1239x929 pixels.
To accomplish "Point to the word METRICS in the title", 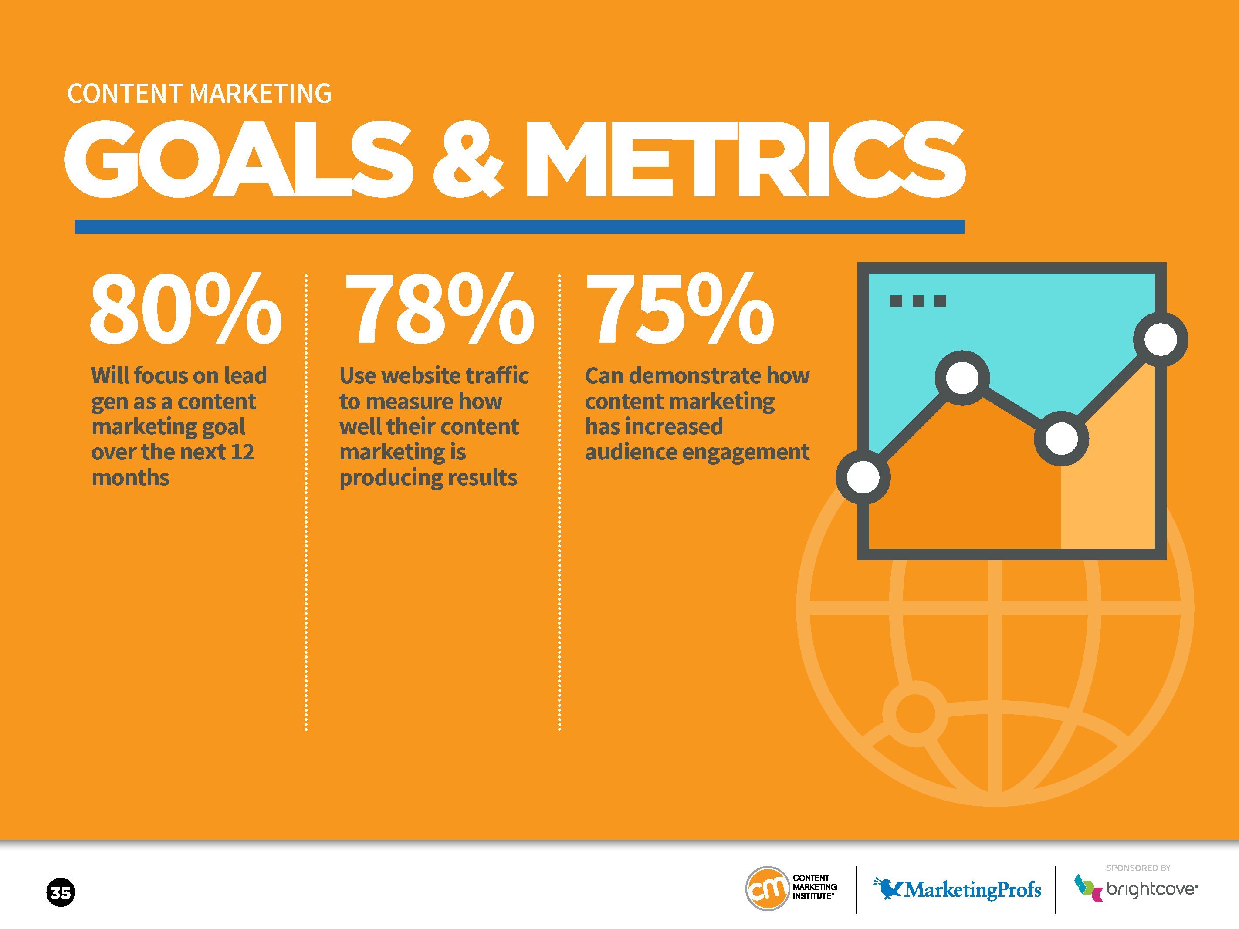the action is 745,159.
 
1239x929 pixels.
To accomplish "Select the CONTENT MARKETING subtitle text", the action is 200,94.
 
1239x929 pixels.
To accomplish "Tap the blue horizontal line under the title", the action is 519,227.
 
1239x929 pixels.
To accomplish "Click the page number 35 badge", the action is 60,892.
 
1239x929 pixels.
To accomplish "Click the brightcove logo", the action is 1135,888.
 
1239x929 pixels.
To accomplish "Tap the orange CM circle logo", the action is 767,888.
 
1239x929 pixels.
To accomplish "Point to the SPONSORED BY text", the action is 1138,868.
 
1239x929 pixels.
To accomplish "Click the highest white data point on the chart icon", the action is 1161,339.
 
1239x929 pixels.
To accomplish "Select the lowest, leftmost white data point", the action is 863,477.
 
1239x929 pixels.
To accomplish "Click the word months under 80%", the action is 131,478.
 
